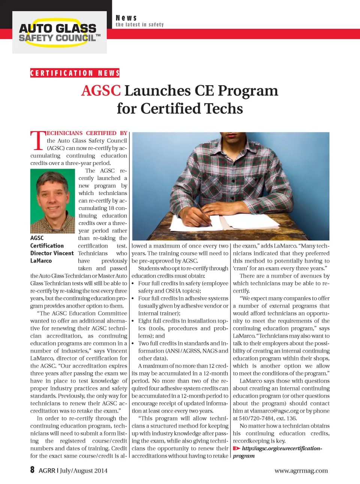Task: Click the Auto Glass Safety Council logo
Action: click(59, 33)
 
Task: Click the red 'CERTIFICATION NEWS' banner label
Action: click(75, 73)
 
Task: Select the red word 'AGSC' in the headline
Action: click(101, 91)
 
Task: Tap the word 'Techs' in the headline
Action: click(223, 109)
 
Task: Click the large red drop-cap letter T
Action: click(37, 141)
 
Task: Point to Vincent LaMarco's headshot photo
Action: click(52, 201)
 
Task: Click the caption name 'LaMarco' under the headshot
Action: click(41, 261)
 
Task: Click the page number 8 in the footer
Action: click(33, 470)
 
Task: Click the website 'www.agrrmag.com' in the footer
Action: click(301, 470)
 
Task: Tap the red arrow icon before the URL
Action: click(236, 448)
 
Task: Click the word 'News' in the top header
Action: click(126, 18)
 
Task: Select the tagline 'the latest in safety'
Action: click(139, 25)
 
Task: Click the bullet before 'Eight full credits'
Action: click(133, 321)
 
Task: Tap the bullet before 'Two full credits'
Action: click(133, 343)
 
